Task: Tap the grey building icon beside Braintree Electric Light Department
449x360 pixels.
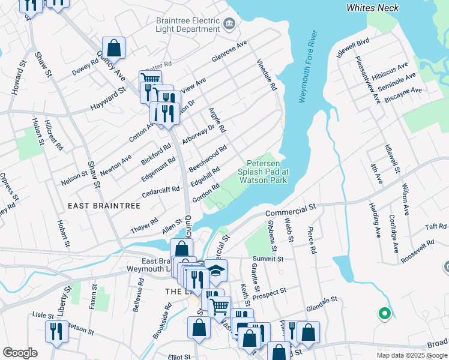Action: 229,24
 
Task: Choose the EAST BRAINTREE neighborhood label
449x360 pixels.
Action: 104,206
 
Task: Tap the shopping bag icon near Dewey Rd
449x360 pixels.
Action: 113,48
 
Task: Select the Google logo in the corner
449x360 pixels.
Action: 20,352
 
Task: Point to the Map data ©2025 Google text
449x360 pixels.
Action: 411,355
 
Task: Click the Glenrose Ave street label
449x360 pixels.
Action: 229,52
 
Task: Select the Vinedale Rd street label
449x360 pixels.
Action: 267,75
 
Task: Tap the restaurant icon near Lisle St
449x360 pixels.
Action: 56,332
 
